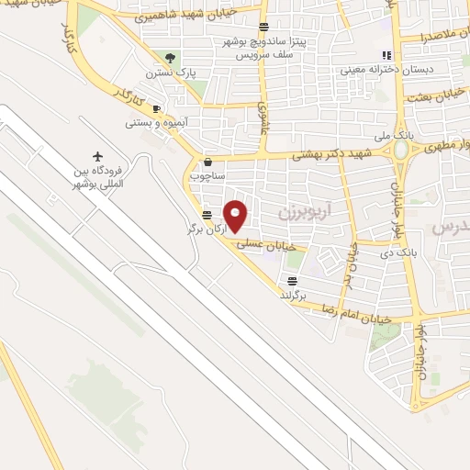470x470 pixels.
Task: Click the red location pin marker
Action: point(236,215)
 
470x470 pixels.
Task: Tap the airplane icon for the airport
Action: point(99,155)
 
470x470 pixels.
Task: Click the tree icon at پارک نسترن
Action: point(168,58)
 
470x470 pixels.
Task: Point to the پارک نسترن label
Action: point(165,71)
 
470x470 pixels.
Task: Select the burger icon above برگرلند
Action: point(292,281)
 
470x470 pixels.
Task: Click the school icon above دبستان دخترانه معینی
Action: point(386,54)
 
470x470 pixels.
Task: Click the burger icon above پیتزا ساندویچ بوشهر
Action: point(264,28)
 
